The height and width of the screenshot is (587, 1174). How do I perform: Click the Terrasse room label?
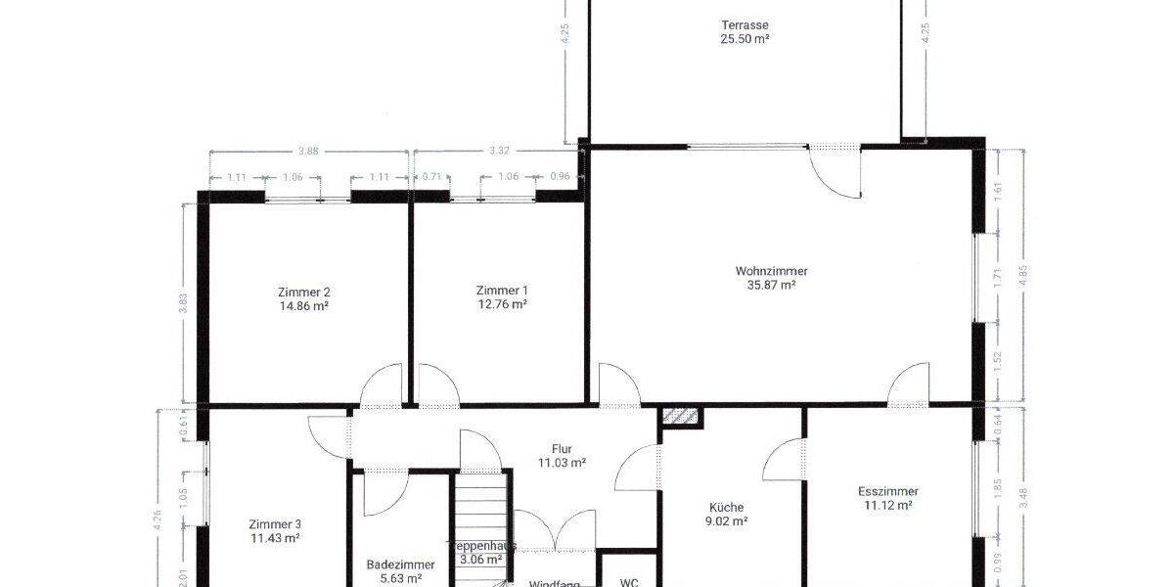point(745,24)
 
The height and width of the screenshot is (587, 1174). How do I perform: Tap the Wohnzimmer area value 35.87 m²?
point(772,286)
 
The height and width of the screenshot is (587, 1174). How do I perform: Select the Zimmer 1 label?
point(502,291)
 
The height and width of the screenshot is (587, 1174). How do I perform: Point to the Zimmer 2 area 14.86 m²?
point(303,305)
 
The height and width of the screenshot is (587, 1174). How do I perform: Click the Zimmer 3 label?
point(275,523)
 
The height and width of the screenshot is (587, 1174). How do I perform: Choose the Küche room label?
point(727,507)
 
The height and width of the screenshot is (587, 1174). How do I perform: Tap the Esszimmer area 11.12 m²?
point(888,506)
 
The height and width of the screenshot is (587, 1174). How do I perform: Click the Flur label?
point(562,449)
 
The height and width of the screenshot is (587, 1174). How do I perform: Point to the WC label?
point(629,582)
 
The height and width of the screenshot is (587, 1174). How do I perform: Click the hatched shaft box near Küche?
point(681,417)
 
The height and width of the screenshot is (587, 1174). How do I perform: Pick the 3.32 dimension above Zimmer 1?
point(498,152)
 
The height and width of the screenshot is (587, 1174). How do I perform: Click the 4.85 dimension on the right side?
point(1023,274)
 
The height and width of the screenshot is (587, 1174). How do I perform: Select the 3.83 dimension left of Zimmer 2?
point(183,303)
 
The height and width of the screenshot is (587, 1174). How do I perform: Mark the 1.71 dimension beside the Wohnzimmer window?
point(998,277)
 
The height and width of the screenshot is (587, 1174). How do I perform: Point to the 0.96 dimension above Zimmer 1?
point(560,177)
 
